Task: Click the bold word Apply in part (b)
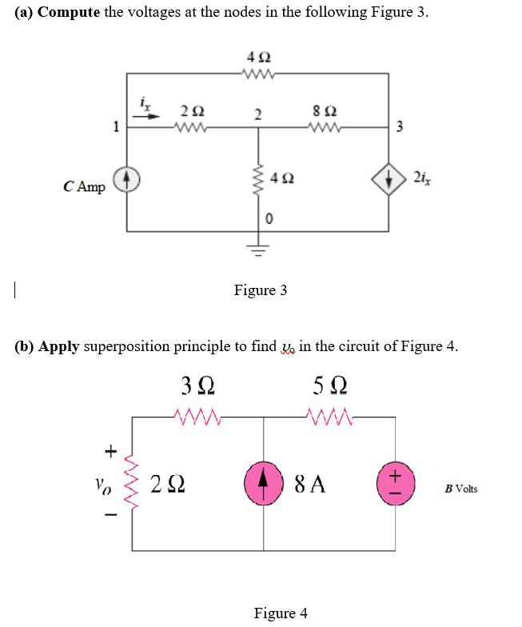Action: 59,346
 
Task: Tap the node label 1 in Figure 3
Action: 116,126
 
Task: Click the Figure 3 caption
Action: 260,290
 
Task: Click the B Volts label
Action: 461,488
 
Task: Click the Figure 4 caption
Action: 280,613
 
